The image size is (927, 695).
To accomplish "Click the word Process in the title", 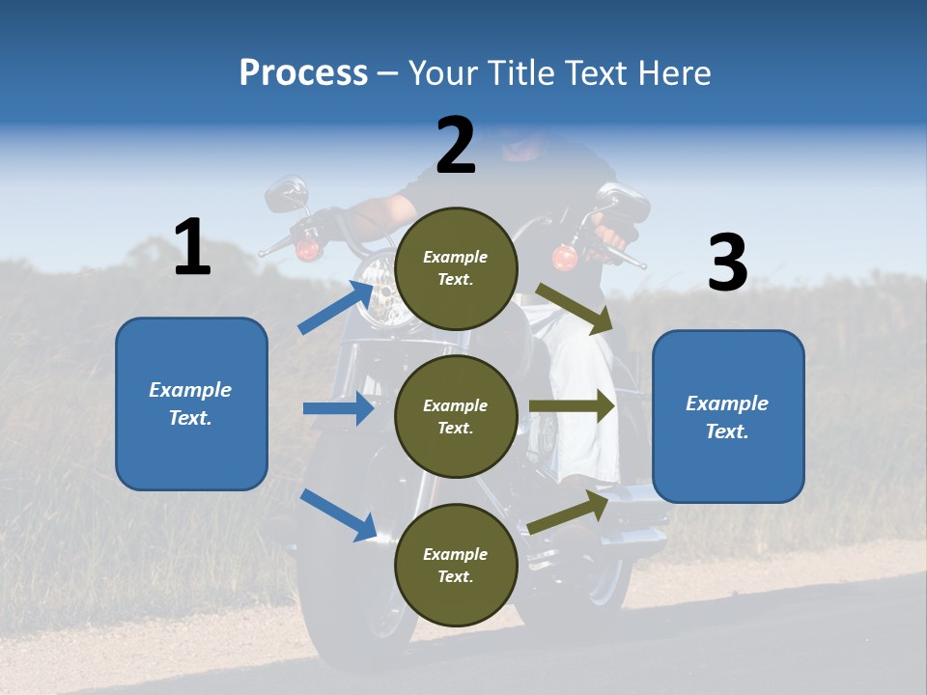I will (303, 72).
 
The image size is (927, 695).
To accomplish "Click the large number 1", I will (192, 248).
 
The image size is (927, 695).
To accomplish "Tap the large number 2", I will (456, 146).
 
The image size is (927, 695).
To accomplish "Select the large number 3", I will (727, 263).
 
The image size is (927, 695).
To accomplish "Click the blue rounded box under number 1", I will (191, 403).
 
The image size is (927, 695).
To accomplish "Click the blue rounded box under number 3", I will (728, 416).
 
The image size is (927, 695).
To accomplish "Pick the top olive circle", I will (456, 268).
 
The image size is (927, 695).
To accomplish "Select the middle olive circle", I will (456, 416).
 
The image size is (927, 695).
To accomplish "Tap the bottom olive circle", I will (456, 565).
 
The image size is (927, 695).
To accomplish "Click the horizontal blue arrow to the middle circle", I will (338, 408).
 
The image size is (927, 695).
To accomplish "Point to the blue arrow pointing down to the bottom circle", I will (339, 514).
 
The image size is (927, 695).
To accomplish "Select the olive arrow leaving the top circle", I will (575, 308).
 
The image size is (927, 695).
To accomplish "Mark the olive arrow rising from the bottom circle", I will (568, 512).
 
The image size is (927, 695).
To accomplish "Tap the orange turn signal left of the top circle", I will (307, 250).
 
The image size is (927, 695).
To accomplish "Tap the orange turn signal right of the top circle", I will (564, 258).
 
